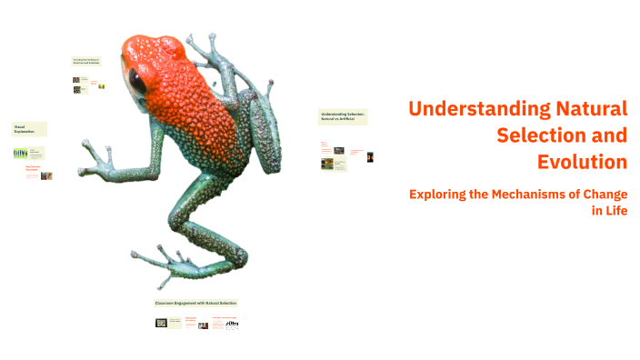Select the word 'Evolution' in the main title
582,162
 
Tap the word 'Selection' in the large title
562,135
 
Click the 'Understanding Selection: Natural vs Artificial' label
342,117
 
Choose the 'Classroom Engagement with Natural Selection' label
195,302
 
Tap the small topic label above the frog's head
86,62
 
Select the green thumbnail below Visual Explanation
20,154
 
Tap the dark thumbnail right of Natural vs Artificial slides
371,156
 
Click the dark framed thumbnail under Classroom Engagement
162,323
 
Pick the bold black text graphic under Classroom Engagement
232,323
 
